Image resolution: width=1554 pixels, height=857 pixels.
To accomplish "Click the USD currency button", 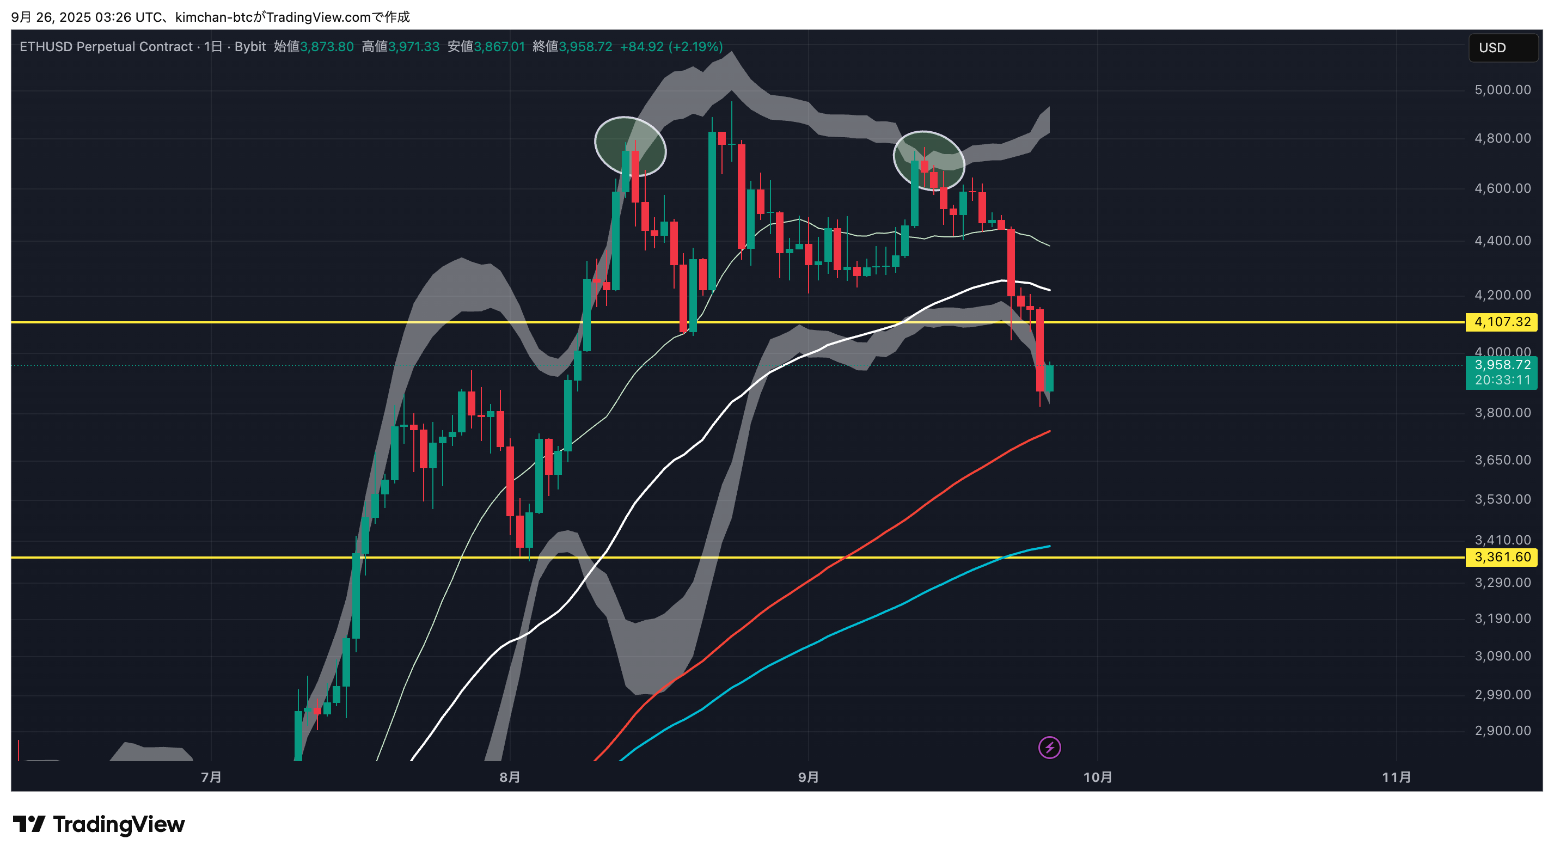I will coord(1502,48).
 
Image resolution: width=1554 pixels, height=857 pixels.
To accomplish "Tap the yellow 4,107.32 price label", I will coord(1502,322).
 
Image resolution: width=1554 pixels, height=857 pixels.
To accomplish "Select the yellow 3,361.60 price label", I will coord(1502,557).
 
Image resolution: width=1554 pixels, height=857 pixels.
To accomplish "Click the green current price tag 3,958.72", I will coord(1502,365).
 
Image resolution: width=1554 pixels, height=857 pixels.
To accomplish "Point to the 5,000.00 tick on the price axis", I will coord(1502,90).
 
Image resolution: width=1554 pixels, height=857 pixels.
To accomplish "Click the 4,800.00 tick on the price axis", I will coord(1502,139).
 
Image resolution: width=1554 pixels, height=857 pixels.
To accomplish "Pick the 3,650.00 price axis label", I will coord(1502,461).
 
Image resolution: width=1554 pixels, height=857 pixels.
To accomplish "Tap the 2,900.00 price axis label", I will coord(1502,731).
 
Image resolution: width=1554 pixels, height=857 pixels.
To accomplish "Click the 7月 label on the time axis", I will coord(211,778).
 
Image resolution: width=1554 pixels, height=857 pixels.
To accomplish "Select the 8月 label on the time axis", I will coord(510,778).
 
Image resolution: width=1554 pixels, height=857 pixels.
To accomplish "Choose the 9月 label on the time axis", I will coord(809,778).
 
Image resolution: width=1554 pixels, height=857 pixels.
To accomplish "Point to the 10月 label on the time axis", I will coord(1097,778).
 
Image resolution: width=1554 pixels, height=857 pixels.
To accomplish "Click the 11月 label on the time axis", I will coord(1396,778).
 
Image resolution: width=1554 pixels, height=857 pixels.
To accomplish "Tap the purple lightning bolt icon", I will coord(1050,748).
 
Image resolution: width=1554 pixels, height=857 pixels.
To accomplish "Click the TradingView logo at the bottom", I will coord(99,824).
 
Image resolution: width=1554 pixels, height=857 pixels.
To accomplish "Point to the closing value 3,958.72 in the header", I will coord(585,47).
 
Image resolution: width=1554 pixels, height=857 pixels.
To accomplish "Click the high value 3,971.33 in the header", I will coord(414,47).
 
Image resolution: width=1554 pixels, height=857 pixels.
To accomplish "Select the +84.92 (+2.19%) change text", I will coord(671,47).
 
